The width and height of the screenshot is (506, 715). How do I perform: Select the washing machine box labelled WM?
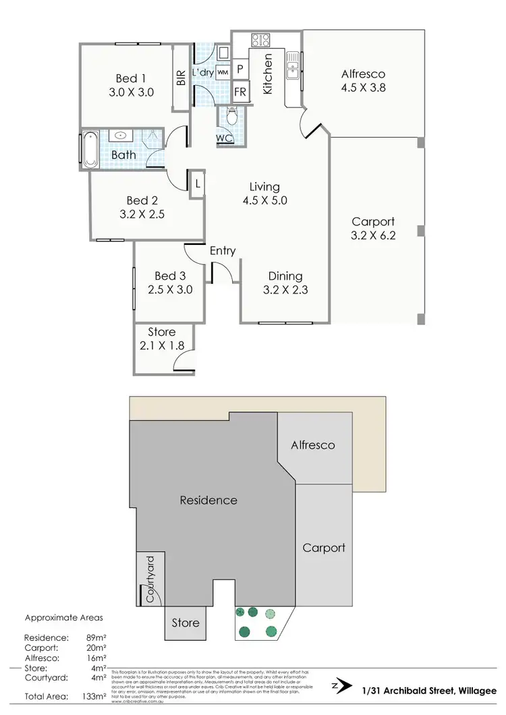click(x=223, y=71)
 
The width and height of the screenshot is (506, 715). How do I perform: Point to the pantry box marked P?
click(x=240, y=69)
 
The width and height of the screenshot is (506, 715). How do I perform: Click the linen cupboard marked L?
click(x=197, y=183)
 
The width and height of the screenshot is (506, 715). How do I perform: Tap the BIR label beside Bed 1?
click(x=181, y=78)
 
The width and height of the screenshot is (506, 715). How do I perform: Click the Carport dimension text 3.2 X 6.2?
click(x=372, y=236)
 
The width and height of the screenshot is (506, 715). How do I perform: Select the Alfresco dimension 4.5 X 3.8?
click(x=363, y=88)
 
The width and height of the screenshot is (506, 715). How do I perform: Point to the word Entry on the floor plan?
click(x=223, y=251)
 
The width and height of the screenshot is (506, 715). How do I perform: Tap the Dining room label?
click(x=285, y=276)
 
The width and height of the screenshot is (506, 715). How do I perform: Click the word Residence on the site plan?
click(x=208, y=500)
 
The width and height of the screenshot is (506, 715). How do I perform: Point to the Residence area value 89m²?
click(x=97, y=637)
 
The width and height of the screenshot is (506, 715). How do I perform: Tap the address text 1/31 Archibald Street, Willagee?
click(x=429, y=688)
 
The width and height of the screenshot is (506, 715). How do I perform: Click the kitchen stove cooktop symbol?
click(x=261, y=39)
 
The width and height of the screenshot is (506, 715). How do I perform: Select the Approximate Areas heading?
click(x=63, y=617)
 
